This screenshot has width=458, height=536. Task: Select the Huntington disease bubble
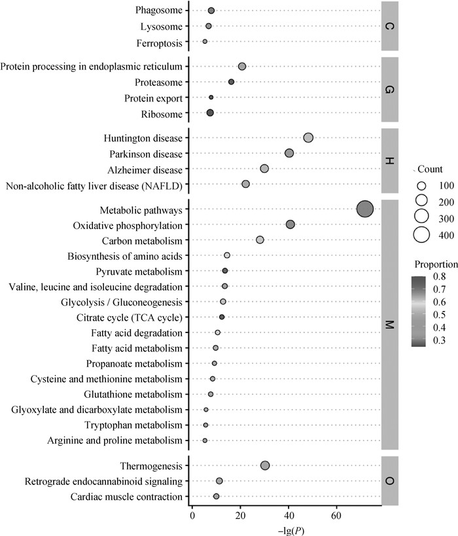(x=308, y=137)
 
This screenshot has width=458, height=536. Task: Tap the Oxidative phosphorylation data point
(x=291, y=224)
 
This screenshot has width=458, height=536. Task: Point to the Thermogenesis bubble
(x=265, y=465)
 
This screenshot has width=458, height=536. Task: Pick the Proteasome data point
(x=231, y=82)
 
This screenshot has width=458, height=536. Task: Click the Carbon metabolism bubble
(x=260, y=240)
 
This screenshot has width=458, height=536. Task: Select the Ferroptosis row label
(x=160, y=42)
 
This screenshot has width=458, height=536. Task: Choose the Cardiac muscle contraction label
(x=127, y=497)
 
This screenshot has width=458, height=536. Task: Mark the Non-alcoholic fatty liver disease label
(x=94, y=185)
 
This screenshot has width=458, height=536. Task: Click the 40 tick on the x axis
(x=289, y=514)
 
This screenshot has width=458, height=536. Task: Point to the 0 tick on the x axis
(x=192, y=514)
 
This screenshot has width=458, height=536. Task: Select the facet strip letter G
(x=389, y=90)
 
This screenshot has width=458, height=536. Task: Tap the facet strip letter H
(x=389, y=161)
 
